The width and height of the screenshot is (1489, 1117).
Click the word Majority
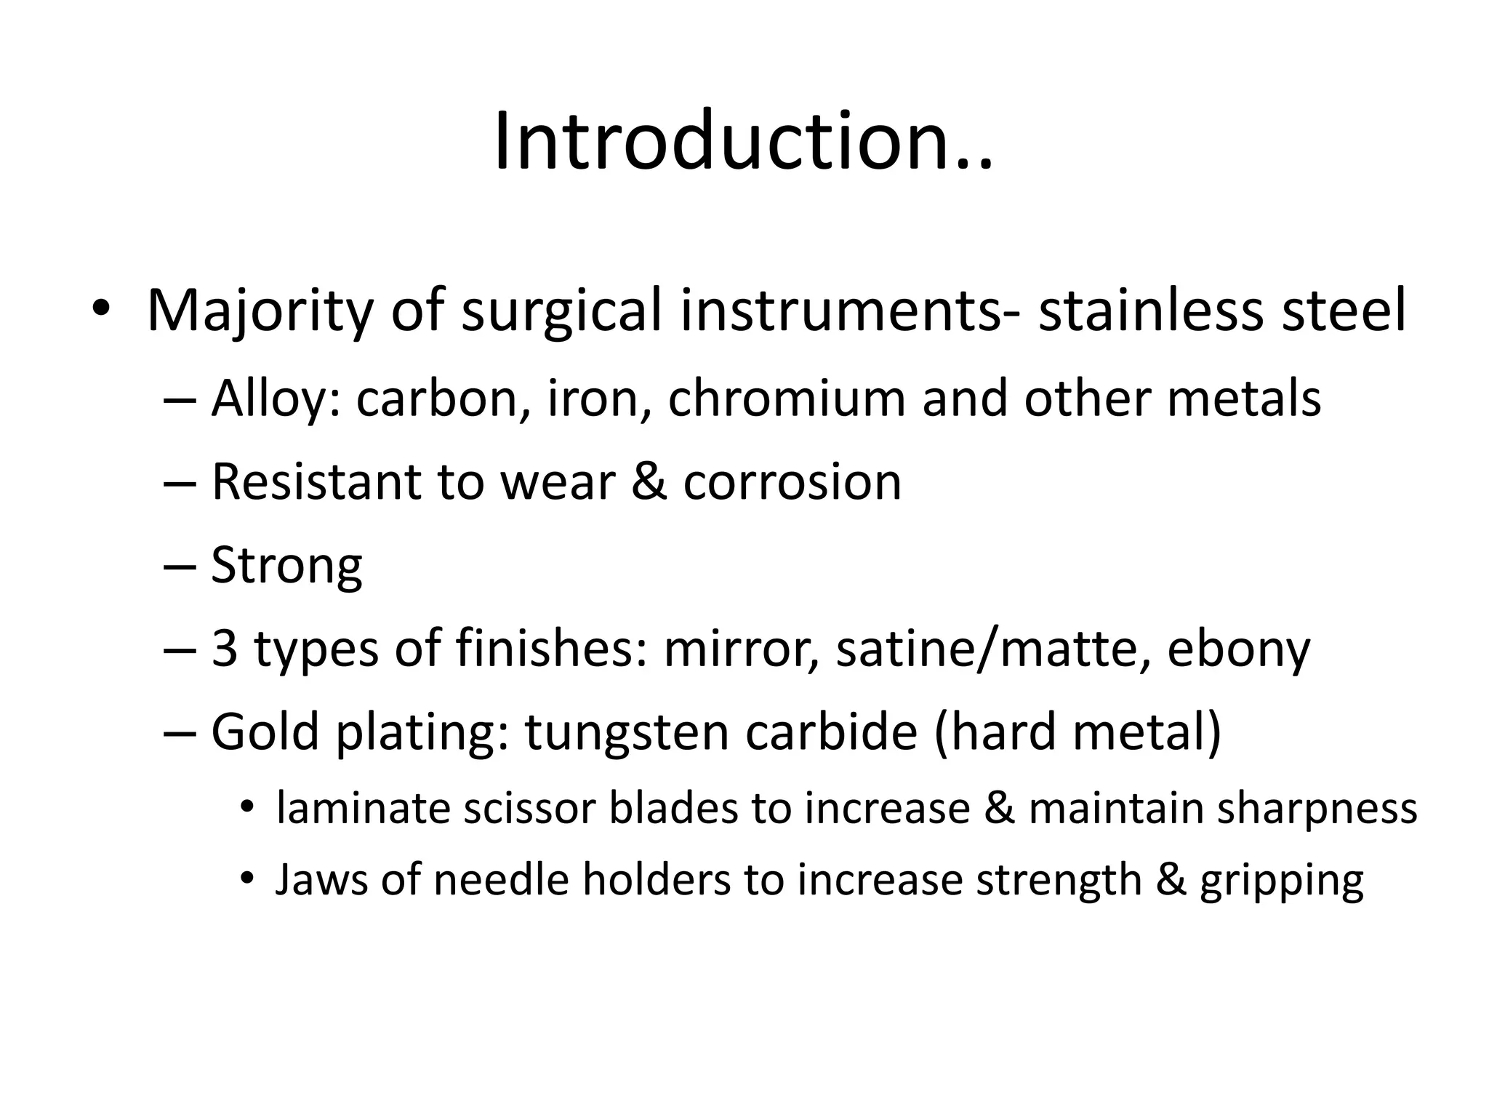click(x=259, y=311)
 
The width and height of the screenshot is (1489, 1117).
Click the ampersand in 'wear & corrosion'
click(x=649, y=481)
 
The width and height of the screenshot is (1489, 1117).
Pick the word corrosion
click(x=792, y=481)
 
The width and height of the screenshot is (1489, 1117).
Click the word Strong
click(x=286, y=566)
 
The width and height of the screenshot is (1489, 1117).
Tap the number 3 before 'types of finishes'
click(x=224, y=648)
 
